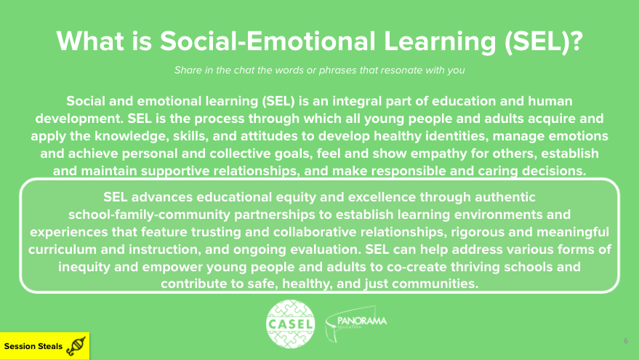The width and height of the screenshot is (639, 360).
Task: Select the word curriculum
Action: pyautogui.click(x=63, y=249)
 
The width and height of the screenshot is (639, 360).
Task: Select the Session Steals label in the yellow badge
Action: pyautogui.click(x=33, y=346)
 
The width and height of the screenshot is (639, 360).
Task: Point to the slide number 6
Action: pyautogui.click(x=626, y=340)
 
